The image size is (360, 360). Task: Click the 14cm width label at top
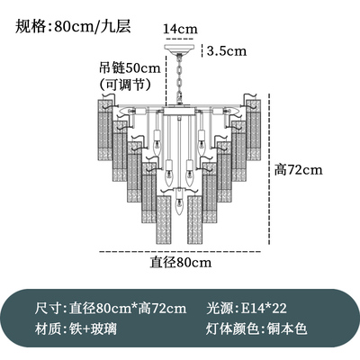180,29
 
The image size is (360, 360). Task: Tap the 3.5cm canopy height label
227,51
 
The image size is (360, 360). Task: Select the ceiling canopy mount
179,49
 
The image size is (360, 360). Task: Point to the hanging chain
179,80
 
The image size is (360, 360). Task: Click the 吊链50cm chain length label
130,68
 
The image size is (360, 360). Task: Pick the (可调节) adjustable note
125,85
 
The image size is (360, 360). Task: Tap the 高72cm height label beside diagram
299,170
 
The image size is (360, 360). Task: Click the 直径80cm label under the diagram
181,262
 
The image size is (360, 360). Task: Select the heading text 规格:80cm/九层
73,26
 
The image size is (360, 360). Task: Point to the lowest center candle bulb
179,204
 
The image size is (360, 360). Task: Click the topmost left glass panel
105,130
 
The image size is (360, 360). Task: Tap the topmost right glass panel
253,130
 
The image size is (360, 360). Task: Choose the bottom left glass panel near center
164,220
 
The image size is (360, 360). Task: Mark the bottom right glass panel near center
195,220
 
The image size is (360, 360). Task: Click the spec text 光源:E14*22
247,308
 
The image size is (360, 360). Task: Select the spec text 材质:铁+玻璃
76,328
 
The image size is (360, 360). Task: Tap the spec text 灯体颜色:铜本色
256,328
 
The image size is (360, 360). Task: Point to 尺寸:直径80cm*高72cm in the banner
111,308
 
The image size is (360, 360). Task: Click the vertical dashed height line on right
270,169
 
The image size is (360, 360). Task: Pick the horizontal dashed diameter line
180,252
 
